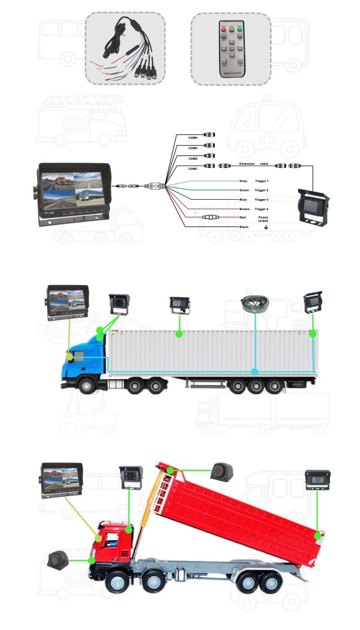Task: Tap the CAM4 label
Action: pyautogui.click(x=193, y=138)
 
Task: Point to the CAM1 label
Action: pyautogui.click(x=193, y=169)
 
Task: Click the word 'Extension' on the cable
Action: pyautogui.click(x=247, y=163)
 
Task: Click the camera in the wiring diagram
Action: pyautogui.click(x=313, y=208)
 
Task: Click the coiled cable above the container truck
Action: pyautogui.click(x=256, y=304)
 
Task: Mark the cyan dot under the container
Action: pyautogui.click(x=255, y=372)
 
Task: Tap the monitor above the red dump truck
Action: pyautogui.click(x=61, y=481)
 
